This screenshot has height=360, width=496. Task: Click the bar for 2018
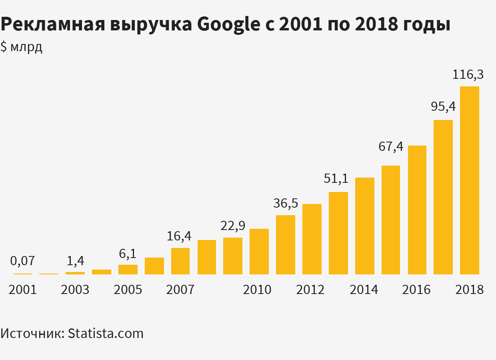click(x=469, y=180)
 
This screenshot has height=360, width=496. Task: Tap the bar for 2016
click(x=417, y=210)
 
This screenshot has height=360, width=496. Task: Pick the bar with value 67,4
click(x=391, y=220)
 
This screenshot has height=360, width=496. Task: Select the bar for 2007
click(x=180, y=261)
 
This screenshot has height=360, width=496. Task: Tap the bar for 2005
click(x=128, y=269)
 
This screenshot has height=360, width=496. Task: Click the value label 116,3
click(x=468, y=74)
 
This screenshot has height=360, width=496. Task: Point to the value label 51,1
click(x=336, y=178)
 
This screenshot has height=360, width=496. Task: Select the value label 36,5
click(x=286, y=203)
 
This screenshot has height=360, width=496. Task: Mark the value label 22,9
click(x=233, y=226)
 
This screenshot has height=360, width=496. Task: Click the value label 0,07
click(x=22, y=261)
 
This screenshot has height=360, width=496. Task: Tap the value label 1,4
click(x=75, y=261)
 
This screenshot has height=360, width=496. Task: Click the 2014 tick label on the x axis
click(x=364, y=289)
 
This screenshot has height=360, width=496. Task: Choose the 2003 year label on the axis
click(x=75, y=289)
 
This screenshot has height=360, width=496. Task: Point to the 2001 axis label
click(x=22, y=289)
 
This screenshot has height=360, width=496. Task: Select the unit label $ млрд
click(x=22, y=47)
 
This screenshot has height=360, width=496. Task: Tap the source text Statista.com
click(x=106, y=333)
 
